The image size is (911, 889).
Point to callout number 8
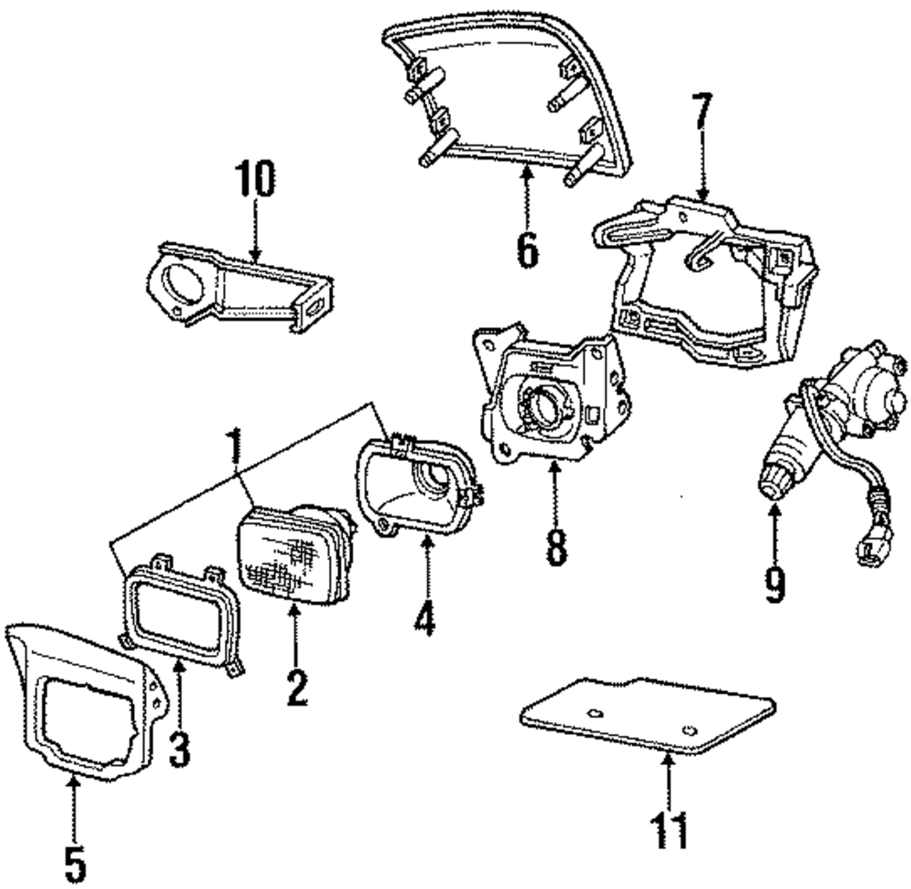pos(556,542)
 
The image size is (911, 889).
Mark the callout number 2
pos(294,684)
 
